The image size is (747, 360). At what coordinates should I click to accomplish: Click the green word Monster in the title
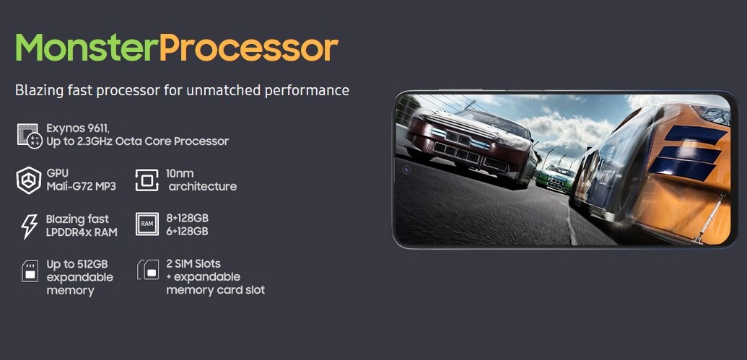87,47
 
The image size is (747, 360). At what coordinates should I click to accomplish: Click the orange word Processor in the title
249,48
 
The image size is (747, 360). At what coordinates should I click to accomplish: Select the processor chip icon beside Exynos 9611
30,136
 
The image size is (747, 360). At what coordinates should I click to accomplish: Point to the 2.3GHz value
92,141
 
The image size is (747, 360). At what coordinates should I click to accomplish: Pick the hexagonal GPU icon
29,180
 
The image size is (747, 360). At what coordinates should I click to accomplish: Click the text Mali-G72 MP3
81,186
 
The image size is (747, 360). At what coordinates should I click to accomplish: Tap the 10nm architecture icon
147,180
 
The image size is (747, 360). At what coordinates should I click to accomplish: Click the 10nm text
180,173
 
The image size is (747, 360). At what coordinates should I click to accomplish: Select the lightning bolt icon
30,227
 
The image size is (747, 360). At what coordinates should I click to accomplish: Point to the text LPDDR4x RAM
82,232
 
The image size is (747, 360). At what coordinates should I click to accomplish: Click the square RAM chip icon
147,224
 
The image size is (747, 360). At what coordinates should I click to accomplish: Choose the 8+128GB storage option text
187,218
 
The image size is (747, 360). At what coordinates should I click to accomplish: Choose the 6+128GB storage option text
187,232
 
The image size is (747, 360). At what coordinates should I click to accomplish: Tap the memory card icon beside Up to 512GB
30,271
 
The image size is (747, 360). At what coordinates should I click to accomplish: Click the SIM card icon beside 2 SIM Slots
148,270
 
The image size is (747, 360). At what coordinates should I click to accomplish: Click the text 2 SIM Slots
193,263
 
